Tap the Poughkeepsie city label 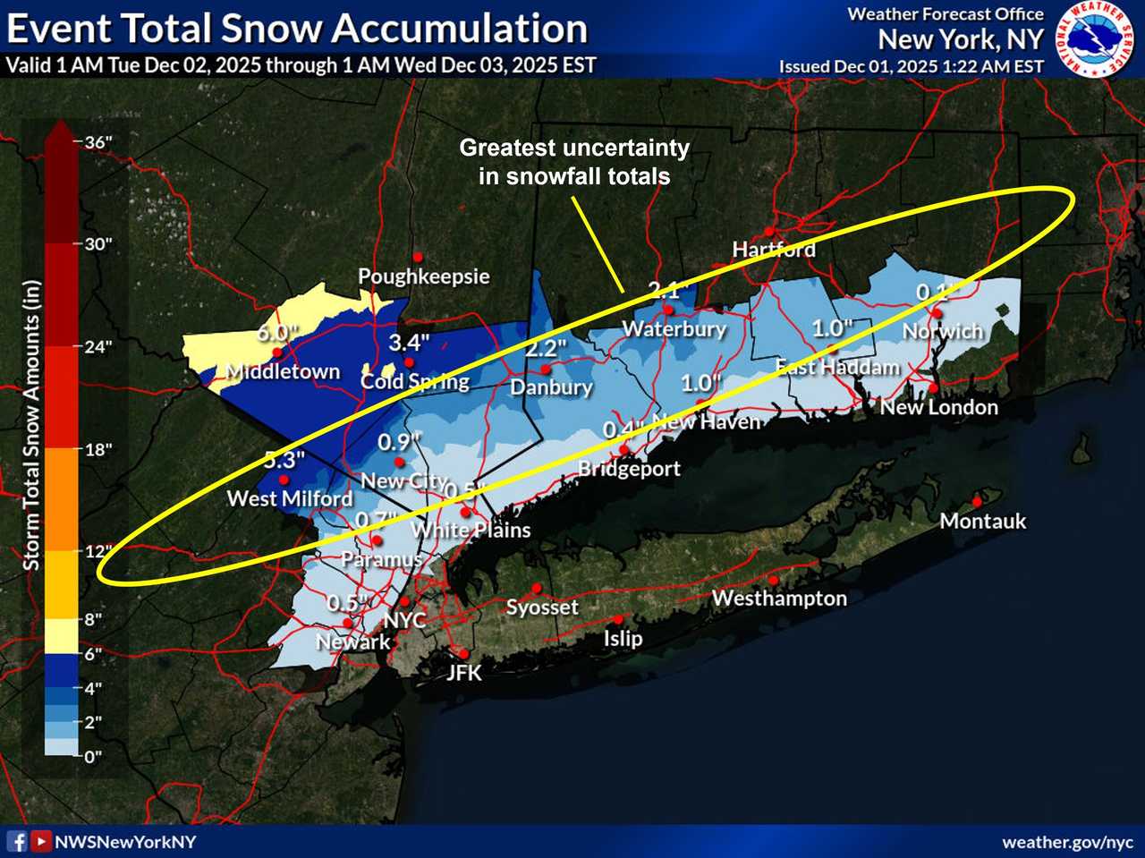point(424,276)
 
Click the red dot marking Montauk point(978,502)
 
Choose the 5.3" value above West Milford point(284,460)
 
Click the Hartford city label point(774,250)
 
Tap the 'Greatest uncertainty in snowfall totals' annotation point(574,162)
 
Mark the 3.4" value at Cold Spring point(410,342)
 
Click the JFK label point(464,673)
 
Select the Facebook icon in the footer point(17,841)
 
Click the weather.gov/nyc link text point(1067,842)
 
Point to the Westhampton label point(779,599)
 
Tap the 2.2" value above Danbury point(546,348)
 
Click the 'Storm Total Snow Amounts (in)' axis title point(32,425)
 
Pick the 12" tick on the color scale point(97,551)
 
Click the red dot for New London point(933,388)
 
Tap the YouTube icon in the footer point(40,841)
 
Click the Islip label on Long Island point(623,639)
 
